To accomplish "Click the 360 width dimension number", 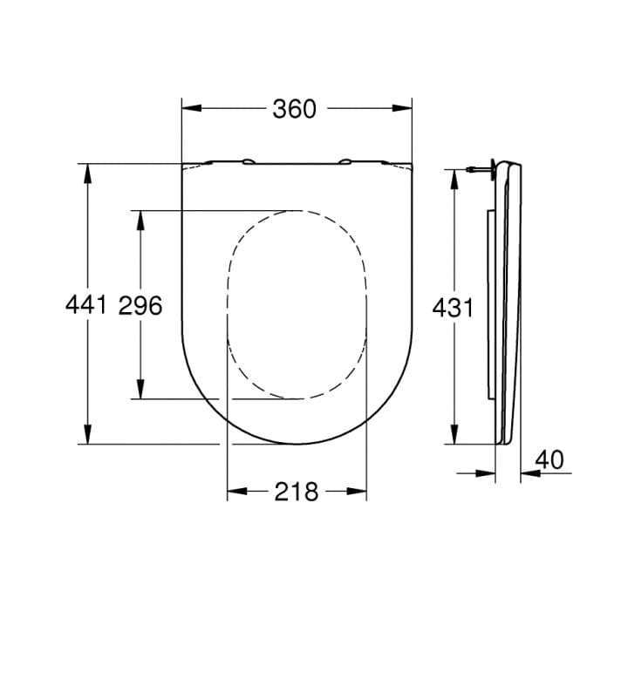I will tap(294, 109).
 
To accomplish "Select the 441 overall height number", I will tap(85, 305).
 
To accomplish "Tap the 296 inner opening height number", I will tap(140, 305).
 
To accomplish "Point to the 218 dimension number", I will tap(296, 492).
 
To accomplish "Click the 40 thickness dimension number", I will tap(550, 459).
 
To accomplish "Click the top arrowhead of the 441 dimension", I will tap(87, 173).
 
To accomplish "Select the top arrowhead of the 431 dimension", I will tap(454, 179).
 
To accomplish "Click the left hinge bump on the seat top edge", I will tap(248, 160).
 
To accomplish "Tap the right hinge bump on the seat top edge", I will tap(346, 160).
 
